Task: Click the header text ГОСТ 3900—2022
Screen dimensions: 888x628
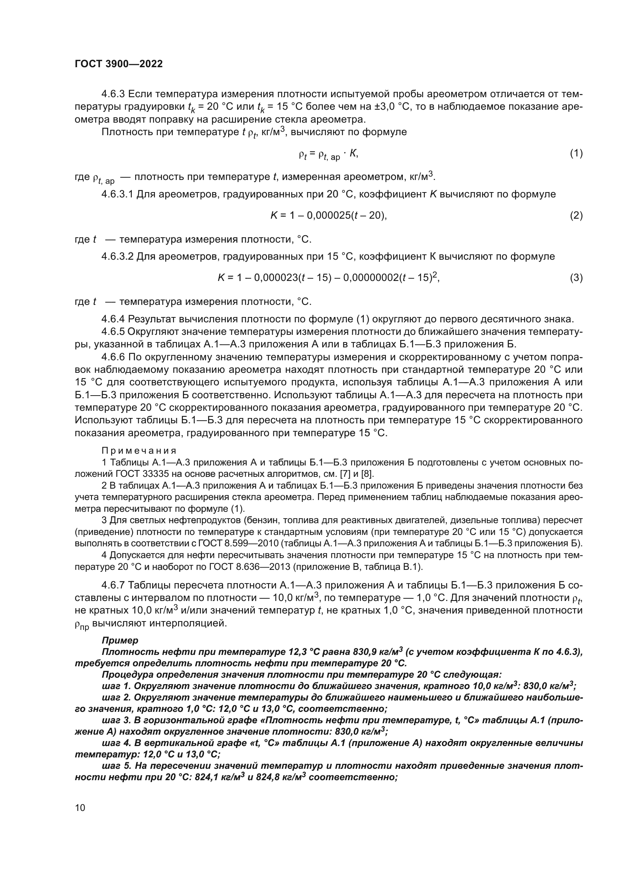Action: pos(119,64)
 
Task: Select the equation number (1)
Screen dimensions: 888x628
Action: pos(576,153)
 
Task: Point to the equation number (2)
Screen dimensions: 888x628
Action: pos(576,215)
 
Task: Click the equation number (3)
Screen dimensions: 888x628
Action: pos(576,278)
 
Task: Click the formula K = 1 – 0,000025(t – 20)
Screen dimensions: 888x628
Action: pos(329,215)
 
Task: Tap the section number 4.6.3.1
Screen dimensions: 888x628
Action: pos(117,194)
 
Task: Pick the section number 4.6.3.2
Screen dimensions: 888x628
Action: pos(117,256)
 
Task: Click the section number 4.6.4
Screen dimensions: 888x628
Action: pos(113,319)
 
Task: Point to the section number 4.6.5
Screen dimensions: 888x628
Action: pos(113,331)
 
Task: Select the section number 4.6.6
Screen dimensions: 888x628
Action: pos(113,357)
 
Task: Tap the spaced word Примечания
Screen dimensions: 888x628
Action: pos(139,451)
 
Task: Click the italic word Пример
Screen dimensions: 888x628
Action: pos(120,640)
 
